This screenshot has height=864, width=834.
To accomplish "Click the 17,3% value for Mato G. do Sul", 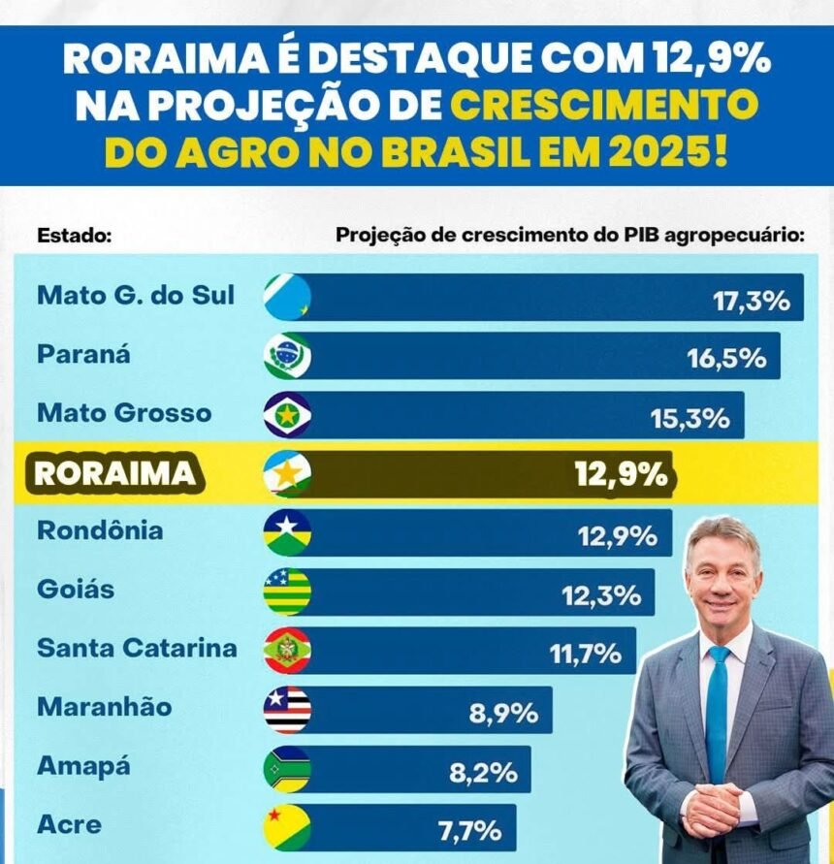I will tap(751, 301).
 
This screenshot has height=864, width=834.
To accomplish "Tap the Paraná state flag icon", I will tap(287, 356).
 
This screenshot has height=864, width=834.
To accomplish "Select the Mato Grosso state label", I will tap(123, 413).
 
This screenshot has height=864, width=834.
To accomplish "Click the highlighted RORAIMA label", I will tap(114, 473).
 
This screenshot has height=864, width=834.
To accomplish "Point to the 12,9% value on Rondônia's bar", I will tap(618, 535).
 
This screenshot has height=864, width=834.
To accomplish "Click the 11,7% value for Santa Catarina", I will tap(586, 654).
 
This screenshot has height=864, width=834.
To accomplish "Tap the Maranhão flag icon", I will tap(287, 710).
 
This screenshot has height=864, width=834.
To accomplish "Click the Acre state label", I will tap(69, 825).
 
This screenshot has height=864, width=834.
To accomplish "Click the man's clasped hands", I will tap(712, 811).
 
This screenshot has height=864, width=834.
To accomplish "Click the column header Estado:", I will tap(75, 236).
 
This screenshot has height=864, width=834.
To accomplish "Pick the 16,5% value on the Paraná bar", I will tap(726, 359).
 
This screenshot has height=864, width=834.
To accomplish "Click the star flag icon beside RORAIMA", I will tap(287, 474).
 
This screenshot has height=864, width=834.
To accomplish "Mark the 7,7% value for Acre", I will tap(469, 831).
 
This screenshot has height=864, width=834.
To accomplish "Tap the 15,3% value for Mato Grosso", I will tap(690, 418).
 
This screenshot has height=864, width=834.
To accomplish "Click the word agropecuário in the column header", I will tap(744, 236).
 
